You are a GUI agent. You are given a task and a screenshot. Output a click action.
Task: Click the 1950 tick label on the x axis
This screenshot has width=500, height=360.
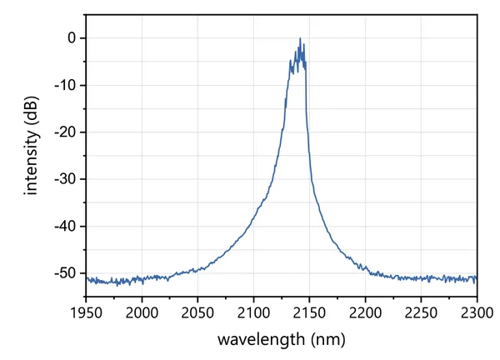coord(86,312)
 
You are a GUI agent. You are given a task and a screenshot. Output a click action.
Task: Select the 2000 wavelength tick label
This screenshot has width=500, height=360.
coord(142,312)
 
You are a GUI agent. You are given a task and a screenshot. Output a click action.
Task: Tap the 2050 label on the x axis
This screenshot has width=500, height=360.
coord(197,312)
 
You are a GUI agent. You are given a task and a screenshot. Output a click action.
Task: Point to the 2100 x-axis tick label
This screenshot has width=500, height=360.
coord(253,312)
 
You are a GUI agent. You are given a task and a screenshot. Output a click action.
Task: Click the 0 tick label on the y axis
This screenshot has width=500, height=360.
coord(72,38)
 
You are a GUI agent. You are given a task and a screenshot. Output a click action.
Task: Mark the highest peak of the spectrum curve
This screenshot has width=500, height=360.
coord(300,38)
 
